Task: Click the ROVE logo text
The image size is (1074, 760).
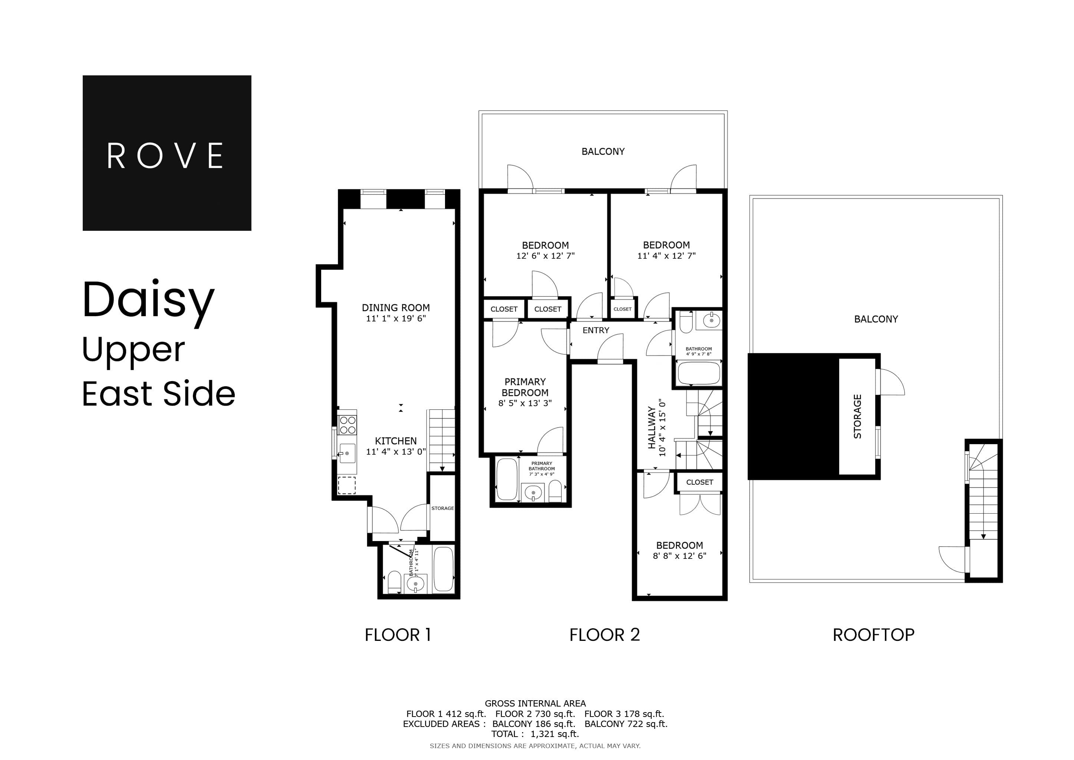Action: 166,155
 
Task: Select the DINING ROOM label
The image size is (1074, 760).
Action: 395,308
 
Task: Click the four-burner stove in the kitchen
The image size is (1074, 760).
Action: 347,425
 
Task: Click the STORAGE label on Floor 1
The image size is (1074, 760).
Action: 442,508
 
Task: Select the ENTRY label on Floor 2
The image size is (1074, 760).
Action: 596,330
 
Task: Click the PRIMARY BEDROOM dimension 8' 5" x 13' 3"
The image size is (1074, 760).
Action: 525,403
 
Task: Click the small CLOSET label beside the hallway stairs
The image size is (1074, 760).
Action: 699,482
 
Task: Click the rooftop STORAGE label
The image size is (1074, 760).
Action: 857,416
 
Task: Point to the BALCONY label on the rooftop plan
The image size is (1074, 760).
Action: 876,319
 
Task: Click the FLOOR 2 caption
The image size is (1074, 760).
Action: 604,635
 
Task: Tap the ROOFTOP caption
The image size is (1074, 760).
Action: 873,635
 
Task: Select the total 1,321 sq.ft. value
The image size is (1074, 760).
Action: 554,734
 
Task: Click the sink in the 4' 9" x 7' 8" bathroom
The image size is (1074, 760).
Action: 711,321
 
